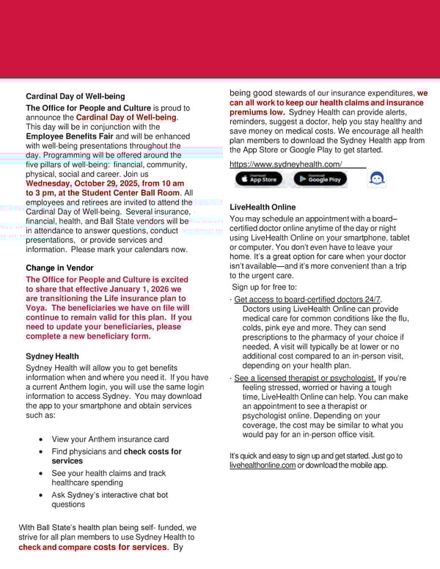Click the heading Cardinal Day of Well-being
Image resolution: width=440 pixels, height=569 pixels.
tap(75, 96)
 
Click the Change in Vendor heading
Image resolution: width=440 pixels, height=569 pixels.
tap(59, 268)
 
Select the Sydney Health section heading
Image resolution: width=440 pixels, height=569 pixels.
tap(52, 356)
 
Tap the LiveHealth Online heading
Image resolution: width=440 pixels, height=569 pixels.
tap(263, 208)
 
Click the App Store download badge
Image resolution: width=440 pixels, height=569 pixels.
tap(258, 179)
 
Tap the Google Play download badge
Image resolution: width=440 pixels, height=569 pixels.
tap(320, 179)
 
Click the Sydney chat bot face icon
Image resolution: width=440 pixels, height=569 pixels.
tap(376, 179)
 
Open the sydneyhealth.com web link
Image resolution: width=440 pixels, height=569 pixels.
tap(285, 164)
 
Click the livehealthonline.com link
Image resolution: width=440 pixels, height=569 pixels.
tap(263, 466)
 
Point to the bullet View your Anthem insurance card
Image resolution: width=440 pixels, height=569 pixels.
tap(110, 439)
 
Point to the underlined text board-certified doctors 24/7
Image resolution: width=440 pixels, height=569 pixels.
tap(307, 299)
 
